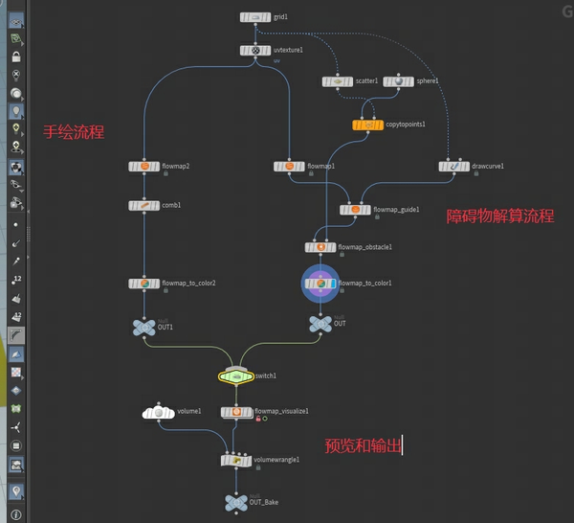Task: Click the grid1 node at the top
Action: tap(255, 17)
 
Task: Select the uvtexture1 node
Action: tap(255, 50)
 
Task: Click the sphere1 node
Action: tap(398, 81)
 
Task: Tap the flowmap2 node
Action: tap(144, 167)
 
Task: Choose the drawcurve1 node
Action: tap(454, 167)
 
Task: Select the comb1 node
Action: tap(144, 205)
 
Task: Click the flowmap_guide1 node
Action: tap(355, 209)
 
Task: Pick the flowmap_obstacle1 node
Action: tap(320, 247)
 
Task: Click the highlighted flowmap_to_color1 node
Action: tap(320, 284)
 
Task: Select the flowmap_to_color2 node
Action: tap(144, 284)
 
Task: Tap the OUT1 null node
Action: tap(143, 328)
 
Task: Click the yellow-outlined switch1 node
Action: tap(235, 376)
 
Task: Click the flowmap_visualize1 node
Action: tap(236, 412)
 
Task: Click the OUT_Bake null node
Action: tap(236, 502)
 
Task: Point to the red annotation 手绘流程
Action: tap(73, 132)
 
